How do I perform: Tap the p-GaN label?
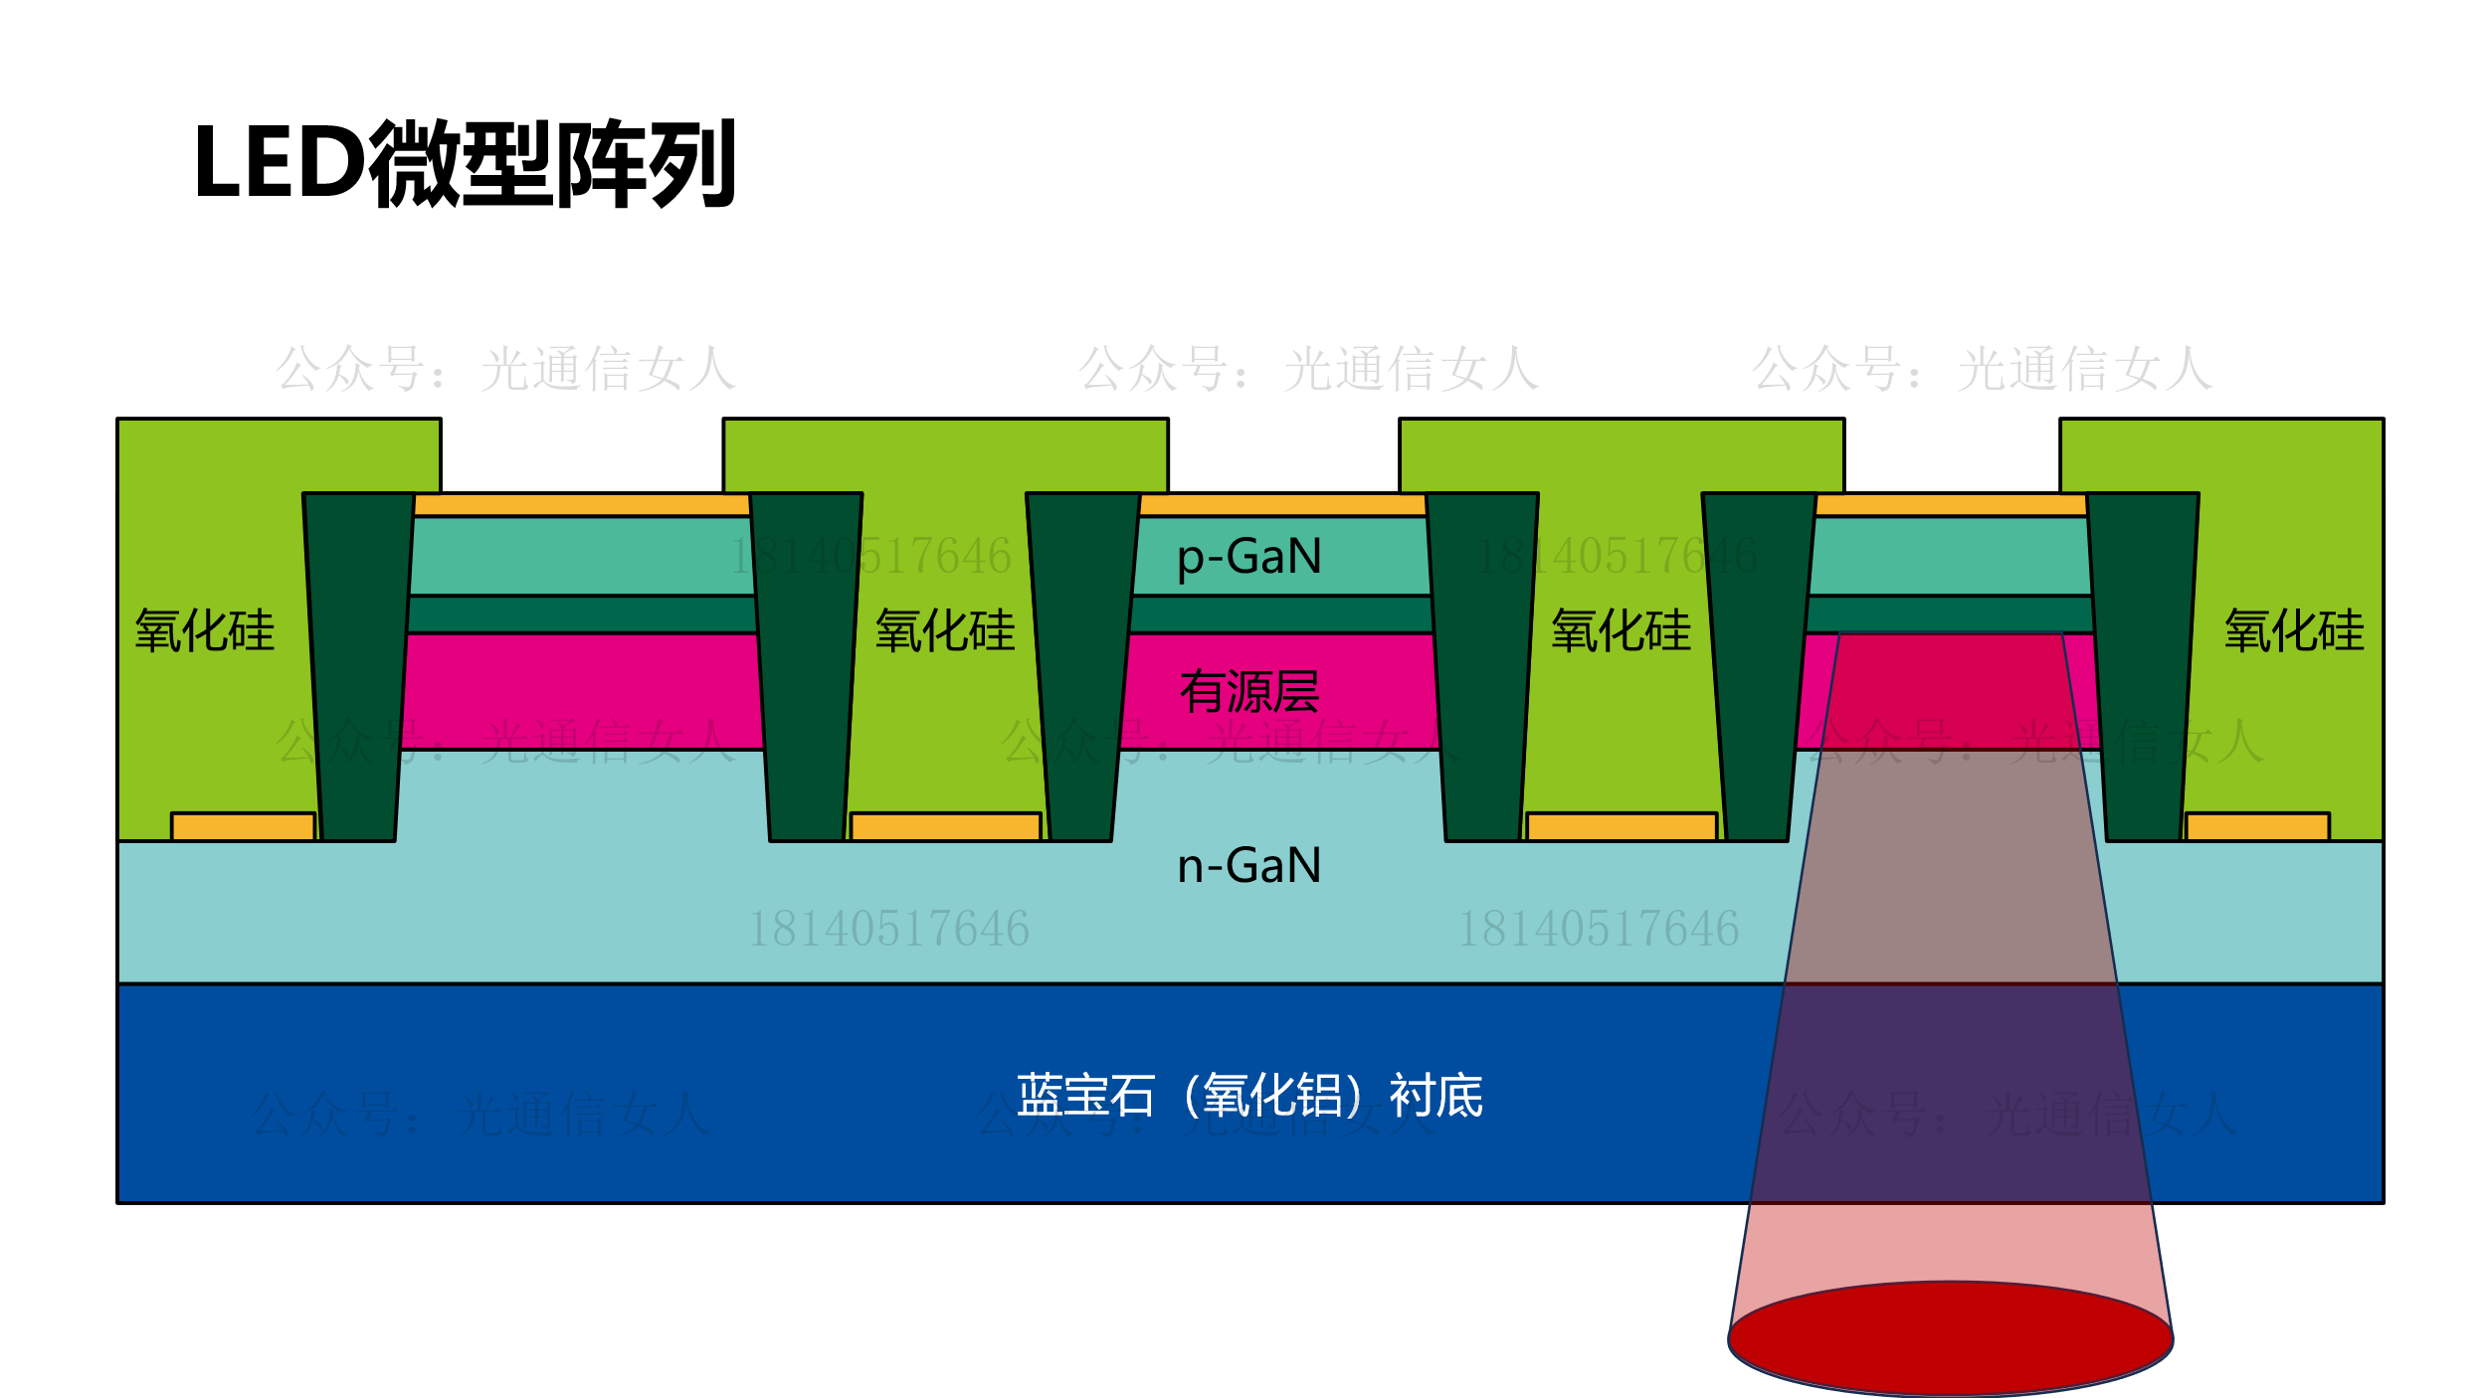coord(1248,557)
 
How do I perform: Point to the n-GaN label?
coord(1248,866)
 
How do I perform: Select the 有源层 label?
coord(1248,692)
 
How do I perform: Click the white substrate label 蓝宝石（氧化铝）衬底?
coord(1248,1096)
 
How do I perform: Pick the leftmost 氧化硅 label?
coord(205,631)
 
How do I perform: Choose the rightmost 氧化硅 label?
coord(2294,631)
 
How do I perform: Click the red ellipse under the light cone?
coord(1950,1338)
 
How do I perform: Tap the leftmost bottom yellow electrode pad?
coord(243,827)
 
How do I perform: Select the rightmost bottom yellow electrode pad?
coord(2257,827)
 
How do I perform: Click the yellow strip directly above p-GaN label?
coord(1282,505)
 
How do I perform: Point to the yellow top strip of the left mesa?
coord(582,505)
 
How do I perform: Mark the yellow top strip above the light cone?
coord(1951,505)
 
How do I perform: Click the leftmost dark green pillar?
coord(358,666)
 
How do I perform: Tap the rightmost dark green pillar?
coord(2144,666)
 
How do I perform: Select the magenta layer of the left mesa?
coord(582,691)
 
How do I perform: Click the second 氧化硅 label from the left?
coord(945,631)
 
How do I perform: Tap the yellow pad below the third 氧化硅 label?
coord(1622,827)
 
